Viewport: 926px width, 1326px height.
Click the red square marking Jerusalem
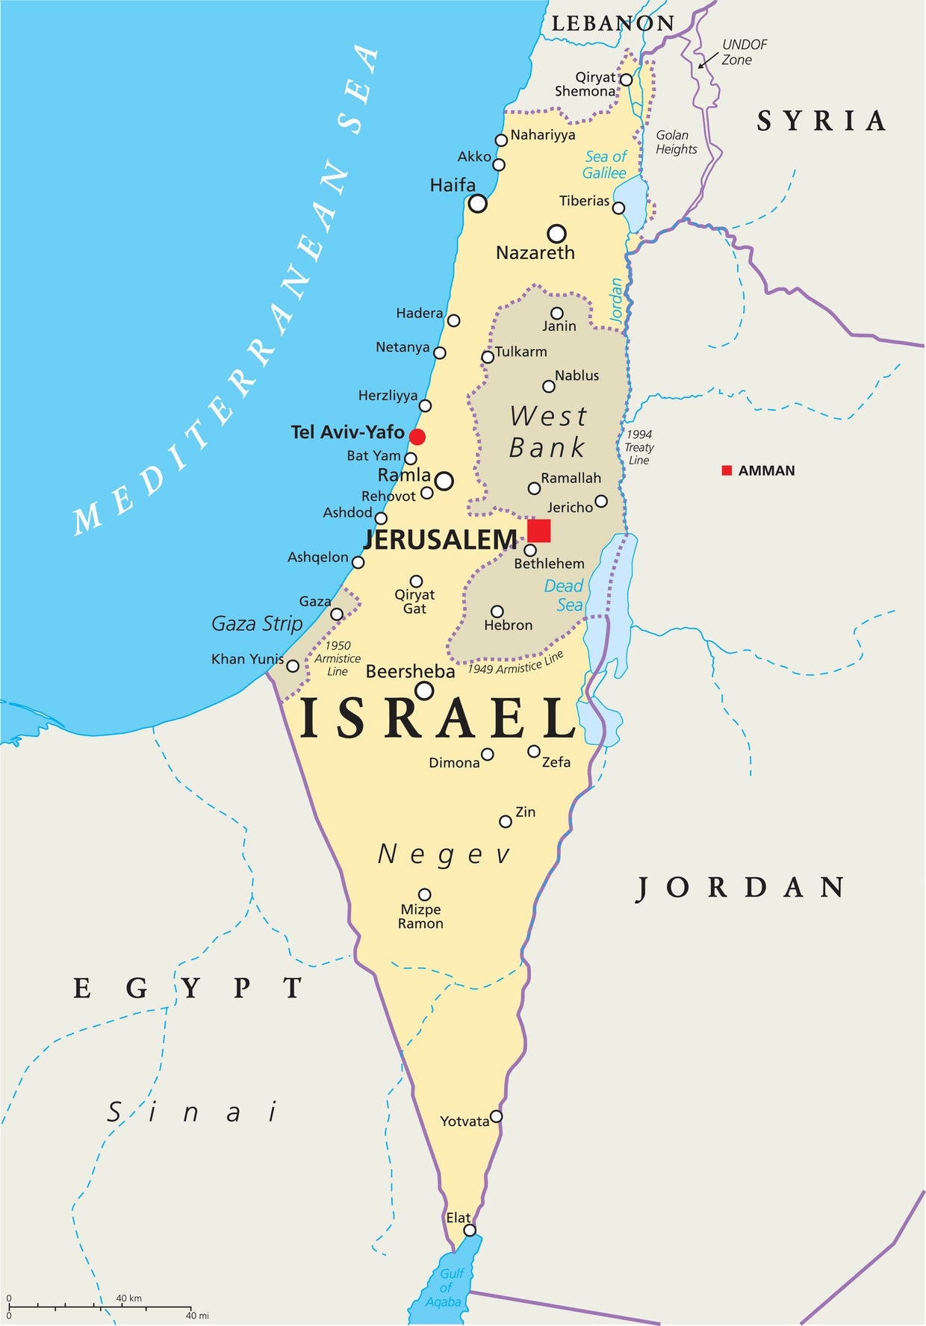pyautogui.click(x=539, y=531)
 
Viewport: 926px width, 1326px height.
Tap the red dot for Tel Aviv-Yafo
pyautogui.click(x=417, y=437)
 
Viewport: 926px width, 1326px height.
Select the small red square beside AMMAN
pyautogui.click(x=727, y=470)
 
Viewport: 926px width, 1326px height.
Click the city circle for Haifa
pyautogui.click(x=477, y=203)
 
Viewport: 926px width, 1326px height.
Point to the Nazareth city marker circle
pyautogui.click(x=556, y=234)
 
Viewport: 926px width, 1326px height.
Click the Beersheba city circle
pyautogui.click(x=424, y=691)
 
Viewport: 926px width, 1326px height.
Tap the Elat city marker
pyautogui.click(x=470, y=1230)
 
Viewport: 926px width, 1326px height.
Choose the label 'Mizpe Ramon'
pyautogui.click(x=420, y=916)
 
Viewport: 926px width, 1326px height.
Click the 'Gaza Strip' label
pyautogui.click(x=257, y=623)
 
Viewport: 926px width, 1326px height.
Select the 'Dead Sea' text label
pyautogui.click(x=565, y=596)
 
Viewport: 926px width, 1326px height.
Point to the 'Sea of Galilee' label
pyautogui.click(x=605, y=165)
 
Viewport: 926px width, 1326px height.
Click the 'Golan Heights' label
pyautogui.click(x=676, y=142)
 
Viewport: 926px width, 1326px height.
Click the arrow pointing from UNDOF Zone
pyautogui.click(x=707, y=60)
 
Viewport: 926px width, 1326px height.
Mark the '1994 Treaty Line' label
pyautogui.click(x=639, y=447)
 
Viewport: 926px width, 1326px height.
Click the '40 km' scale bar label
pyautogui.click(x=128, y=1298)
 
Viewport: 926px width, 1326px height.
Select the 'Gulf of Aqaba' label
pyautogui.click(x=447, y=1287)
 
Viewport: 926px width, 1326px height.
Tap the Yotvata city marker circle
pyautogui.click(x=496, y=1116)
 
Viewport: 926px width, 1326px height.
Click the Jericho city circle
pyautogui.click(x=601, y=501)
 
